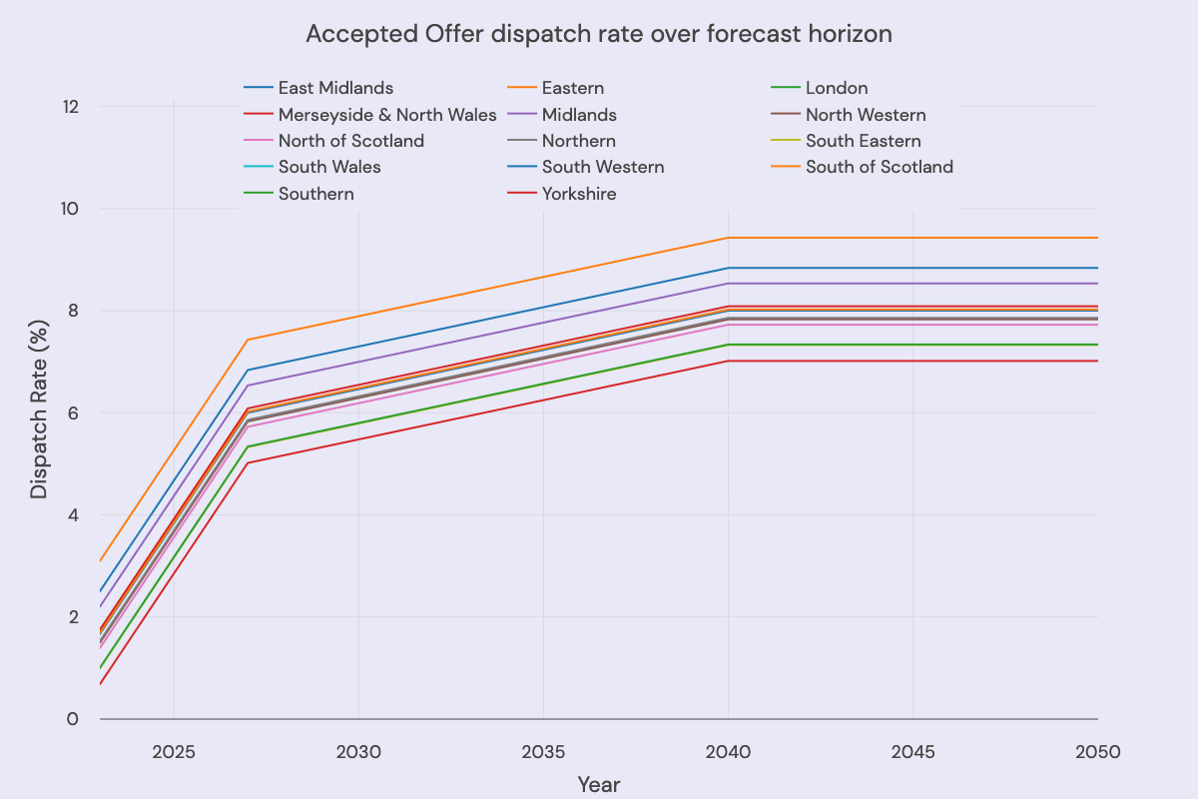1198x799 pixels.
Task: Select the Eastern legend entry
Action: tap(572, 88)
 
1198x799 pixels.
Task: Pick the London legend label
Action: tap(836, 88)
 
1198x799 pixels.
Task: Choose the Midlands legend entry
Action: tap(579, 115)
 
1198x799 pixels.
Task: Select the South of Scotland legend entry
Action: tap(879, 167)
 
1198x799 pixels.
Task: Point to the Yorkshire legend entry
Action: tap(579, 194)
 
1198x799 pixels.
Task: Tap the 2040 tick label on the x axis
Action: tap(728, 750)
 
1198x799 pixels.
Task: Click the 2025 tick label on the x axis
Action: tap(174, 750)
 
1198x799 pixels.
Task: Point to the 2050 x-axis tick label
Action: tap(1096, 750)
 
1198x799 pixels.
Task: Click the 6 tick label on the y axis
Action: tap(72, 412)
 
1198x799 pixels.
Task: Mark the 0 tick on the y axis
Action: tap(72, 719)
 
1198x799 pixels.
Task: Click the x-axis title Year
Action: tap(599, 785)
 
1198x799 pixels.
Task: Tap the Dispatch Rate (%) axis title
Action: tap(38, 412)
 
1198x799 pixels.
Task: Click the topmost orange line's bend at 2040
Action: tap(728, 238)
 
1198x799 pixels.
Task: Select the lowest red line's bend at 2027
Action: tap(248, 462)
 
